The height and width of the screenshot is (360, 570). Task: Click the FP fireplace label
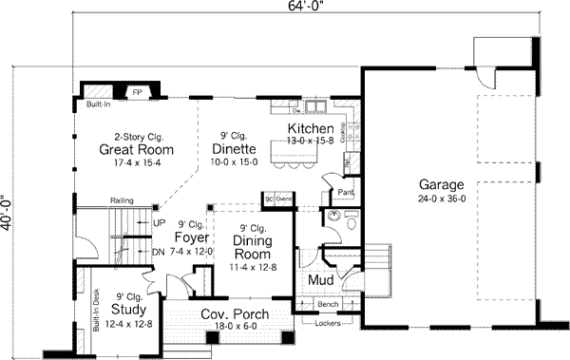(137, 93)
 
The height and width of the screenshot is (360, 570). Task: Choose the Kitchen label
(311, 128)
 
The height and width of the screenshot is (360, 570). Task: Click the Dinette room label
(232, 149)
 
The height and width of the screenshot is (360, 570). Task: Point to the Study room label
(127, 309)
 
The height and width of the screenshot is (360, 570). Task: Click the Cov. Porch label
(234, 315)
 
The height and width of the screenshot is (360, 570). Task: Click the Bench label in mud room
(328, 304)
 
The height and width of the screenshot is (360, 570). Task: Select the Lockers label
(327, 324)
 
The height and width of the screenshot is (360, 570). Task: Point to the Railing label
(121, 201)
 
